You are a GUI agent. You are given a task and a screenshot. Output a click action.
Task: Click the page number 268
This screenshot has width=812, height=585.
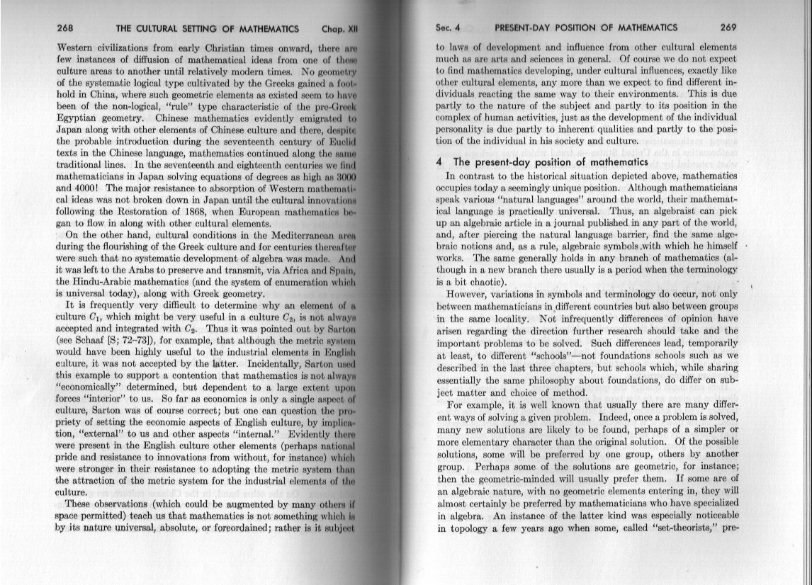click(x=65, y=29)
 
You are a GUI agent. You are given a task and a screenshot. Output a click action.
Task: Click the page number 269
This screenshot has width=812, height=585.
click(x=728, y=28)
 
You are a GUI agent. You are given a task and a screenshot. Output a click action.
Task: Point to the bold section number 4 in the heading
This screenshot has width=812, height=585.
click(x=439, y=162)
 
